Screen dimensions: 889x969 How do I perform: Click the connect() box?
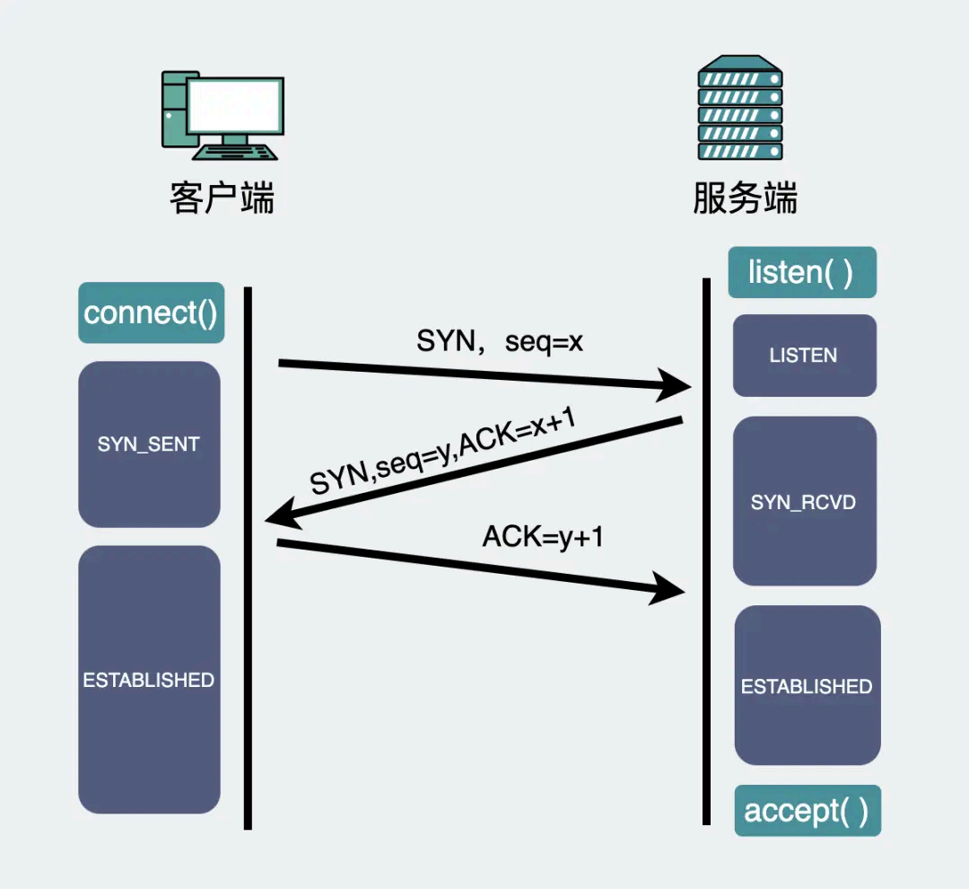[151, 313]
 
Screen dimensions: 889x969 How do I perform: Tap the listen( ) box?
[801, 272]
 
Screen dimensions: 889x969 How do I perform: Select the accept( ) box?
[807, 811]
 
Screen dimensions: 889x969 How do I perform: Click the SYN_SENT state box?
[149, 444]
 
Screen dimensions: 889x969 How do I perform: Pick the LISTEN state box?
[804, 356]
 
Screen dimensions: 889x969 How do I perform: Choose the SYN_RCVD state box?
[804, 502]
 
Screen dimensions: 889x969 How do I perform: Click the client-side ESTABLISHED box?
[149, 680]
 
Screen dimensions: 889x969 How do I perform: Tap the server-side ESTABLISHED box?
[807, 686]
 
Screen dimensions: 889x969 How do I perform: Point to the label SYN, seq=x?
[500, 341]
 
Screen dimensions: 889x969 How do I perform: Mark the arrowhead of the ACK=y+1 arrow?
[668, 589]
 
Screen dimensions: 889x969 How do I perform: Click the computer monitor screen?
[235, 106]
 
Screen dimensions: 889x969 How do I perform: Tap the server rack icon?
[740, 108]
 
